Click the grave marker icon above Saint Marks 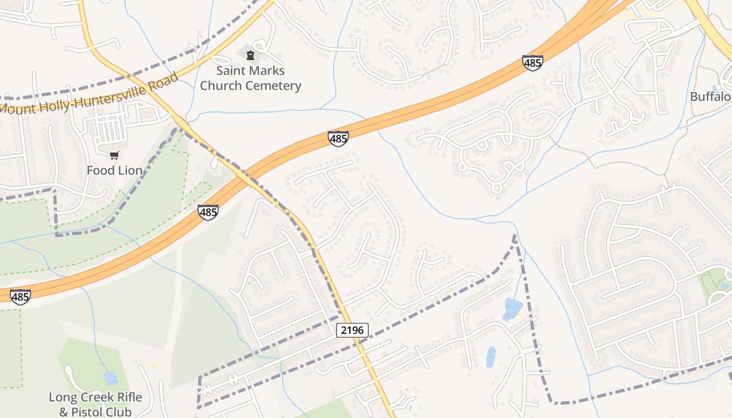coord(250,55)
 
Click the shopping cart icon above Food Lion coord(115,155)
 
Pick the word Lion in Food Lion coord(130,170)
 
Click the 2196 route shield coord(352,330)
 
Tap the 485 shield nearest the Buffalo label coord(532,63)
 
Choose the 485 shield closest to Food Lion coord(208,212)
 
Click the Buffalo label coord(710,97)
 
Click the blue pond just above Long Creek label coord(111,378)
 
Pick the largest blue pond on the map coord(512,308)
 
